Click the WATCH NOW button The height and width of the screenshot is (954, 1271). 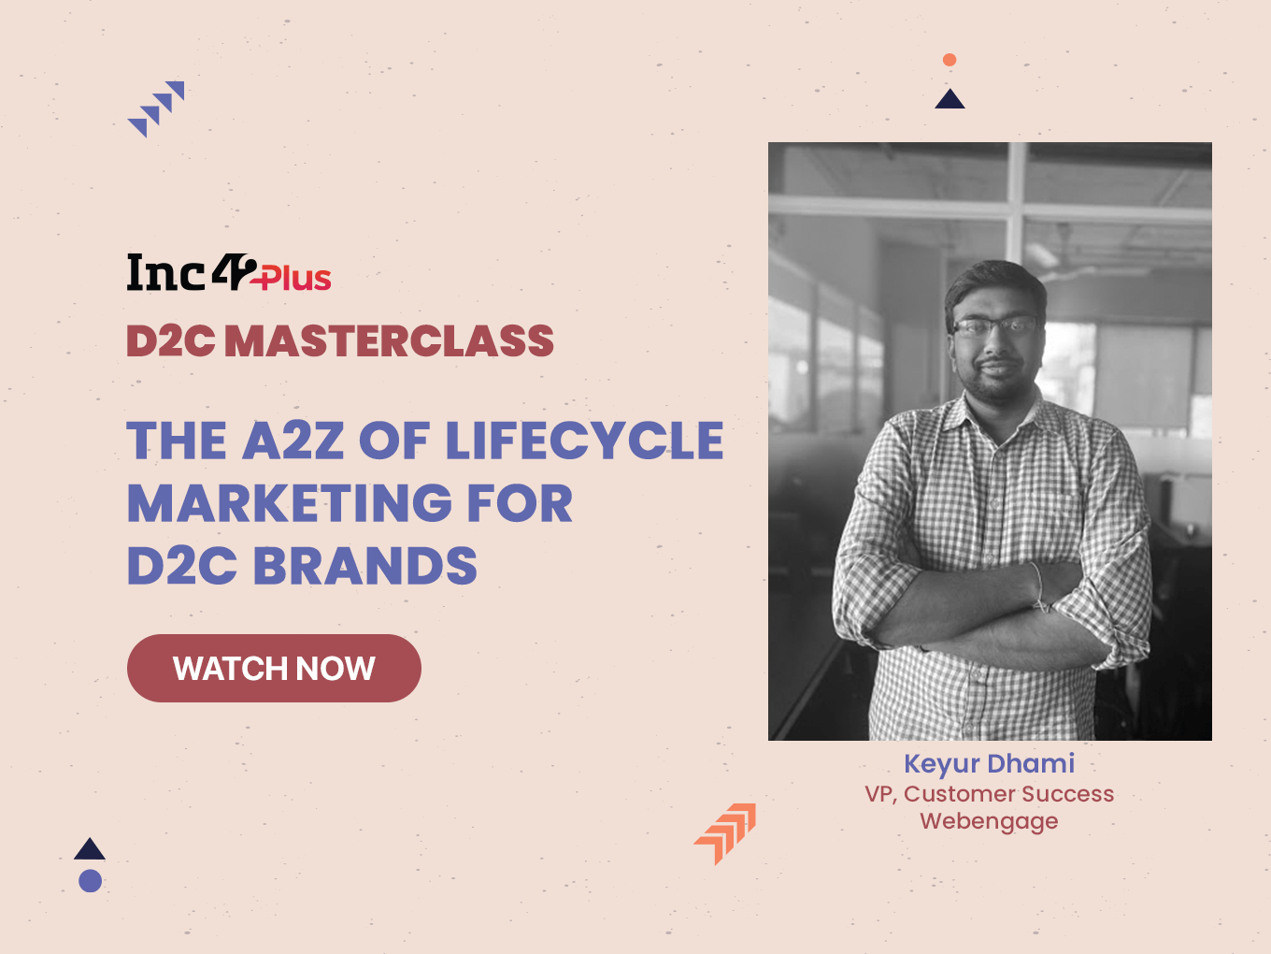point(274,668)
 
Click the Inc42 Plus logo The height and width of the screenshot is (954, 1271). point(229,272)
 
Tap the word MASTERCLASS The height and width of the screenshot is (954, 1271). point(389,340)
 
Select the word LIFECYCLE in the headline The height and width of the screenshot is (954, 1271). point(584,441)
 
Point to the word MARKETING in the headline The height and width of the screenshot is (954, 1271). point(289,503)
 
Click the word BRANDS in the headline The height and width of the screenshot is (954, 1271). point(364,565)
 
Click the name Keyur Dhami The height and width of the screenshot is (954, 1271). point(990,764)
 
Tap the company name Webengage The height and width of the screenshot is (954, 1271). point(989,822)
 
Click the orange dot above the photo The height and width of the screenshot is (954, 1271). point(950,60)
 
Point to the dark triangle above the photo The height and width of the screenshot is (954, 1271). point(950,100)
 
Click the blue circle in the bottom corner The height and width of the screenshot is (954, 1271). point(91,881)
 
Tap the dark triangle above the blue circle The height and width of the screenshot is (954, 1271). point(89,849)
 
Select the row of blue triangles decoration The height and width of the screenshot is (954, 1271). point(156,108)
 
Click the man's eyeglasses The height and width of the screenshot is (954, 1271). point(994,326)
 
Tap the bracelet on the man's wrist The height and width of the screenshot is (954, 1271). point(1038,586)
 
